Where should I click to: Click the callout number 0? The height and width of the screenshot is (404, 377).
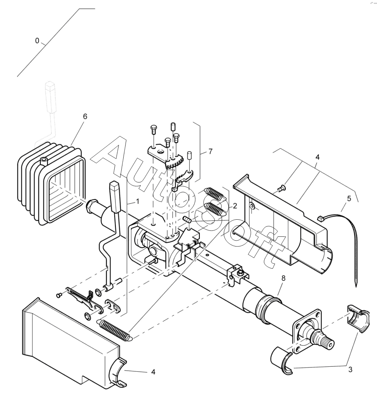tap(37, 41)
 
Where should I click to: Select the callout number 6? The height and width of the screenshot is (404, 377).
tap(85, 116)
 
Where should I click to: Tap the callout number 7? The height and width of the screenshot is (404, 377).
tap(210, 152)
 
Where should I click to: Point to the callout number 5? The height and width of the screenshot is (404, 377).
tap(349, 198)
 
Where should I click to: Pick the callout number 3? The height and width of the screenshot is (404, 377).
tap(350, 369)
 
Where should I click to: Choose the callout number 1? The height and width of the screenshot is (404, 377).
tap(137, 202)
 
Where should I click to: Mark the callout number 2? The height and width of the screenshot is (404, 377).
tap(235, 205)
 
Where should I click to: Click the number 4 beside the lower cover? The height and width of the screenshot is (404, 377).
tap(153, 372)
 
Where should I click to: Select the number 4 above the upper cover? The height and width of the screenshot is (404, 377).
tap(318, 157)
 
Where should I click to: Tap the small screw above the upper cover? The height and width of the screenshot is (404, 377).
tap(281, 189)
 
